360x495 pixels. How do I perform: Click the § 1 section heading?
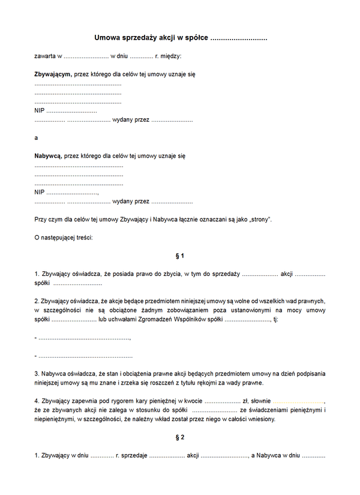180,256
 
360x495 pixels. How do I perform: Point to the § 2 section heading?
180,437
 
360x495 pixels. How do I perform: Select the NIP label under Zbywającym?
40,111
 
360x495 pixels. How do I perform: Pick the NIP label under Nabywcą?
40,192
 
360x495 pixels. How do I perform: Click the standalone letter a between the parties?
36,137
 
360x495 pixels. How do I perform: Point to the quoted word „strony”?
260,219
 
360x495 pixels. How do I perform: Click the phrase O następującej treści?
64,238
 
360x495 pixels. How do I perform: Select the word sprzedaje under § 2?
135,456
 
